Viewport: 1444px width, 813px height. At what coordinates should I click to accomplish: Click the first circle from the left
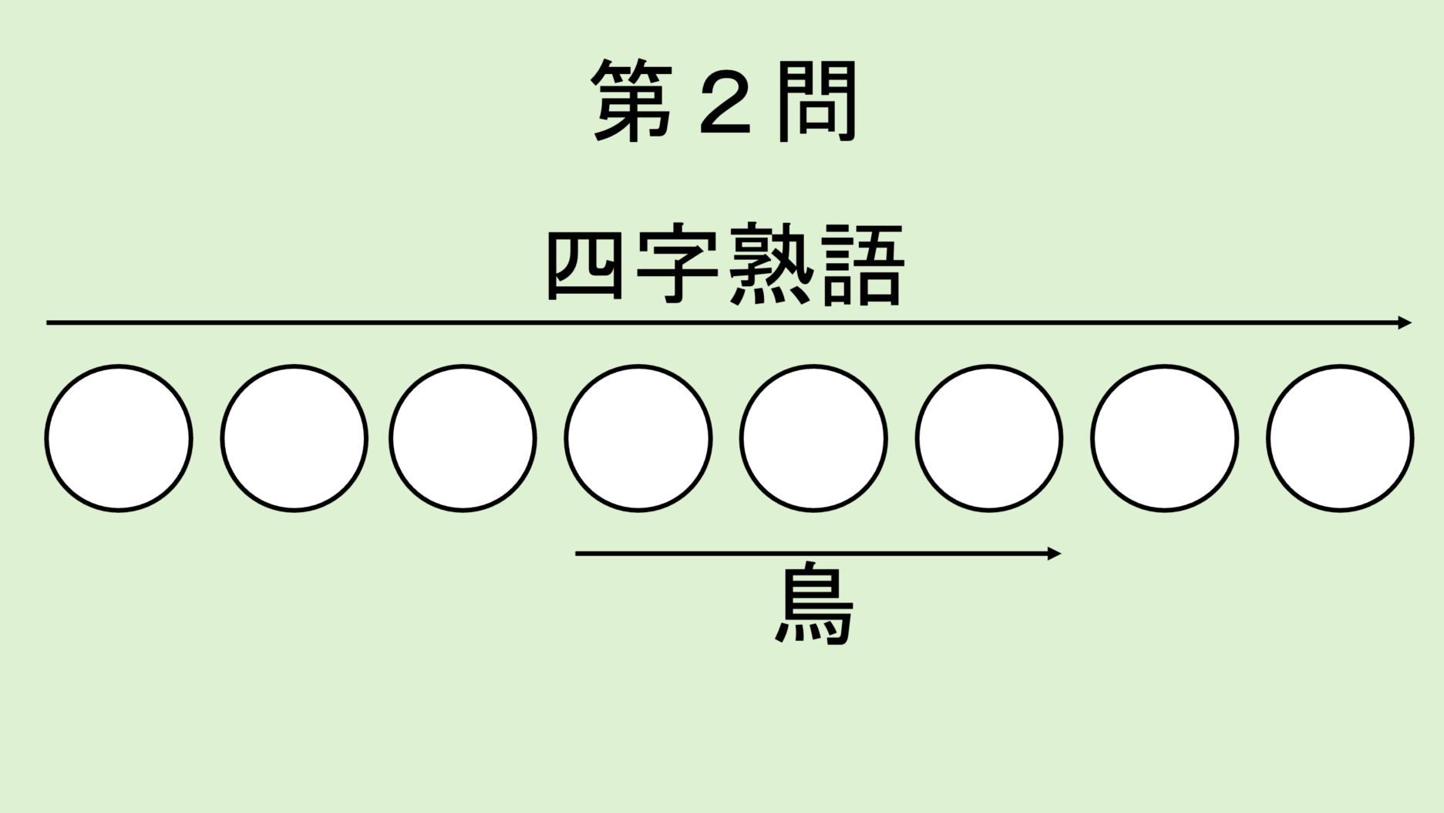119,438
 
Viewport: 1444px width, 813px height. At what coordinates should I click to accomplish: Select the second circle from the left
294,438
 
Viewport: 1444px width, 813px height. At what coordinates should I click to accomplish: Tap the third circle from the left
463,438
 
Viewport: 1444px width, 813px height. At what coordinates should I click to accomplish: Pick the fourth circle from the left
638,438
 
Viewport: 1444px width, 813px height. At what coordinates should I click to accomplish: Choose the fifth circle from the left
813,438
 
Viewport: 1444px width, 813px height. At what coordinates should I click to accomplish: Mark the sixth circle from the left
989,438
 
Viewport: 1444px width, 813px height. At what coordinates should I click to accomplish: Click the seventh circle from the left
1164,438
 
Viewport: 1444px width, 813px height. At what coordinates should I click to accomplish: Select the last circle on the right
1340,438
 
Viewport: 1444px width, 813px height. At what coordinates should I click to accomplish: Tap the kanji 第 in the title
632,101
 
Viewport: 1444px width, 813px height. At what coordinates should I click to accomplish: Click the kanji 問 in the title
817,101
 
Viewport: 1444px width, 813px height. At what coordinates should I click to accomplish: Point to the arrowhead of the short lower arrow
1054,553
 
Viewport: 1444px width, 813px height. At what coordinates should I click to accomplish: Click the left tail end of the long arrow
47,322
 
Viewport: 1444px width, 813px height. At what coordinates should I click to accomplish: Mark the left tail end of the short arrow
577,553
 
